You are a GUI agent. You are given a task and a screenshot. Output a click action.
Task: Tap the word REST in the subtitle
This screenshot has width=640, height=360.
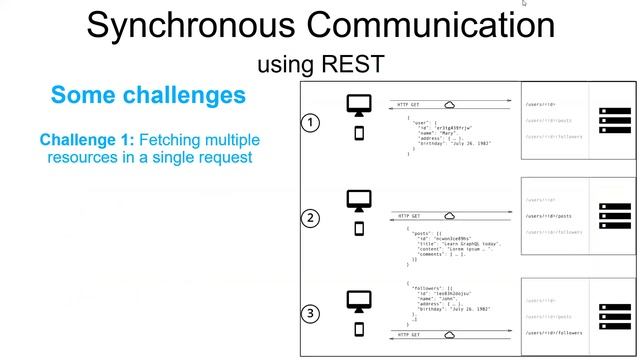[x=351, y=65]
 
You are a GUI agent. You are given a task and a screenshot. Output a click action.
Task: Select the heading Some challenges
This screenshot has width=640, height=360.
[x=148, y=96]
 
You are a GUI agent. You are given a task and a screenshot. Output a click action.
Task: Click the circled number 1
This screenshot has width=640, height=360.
[x=311, y=123]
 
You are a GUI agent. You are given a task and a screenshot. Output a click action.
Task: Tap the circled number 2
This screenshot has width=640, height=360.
[x=311, y=218]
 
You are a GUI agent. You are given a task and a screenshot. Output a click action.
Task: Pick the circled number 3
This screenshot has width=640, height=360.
[x=311, y=313]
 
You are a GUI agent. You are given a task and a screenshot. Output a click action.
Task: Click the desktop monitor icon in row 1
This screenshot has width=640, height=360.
[x=359, y=105]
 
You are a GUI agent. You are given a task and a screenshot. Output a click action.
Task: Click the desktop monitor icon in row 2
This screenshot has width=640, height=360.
[x=359, y=200]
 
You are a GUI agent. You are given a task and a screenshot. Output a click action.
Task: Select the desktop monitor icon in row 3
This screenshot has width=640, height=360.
[x=359, y=297]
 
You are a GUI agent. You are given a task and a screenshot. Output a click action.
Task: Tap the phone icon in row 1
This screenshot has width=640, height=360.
[x=359, y=133]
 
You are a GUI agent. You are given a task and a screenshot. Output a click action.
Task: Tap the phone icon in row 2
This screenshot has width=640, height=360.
[x=359, y=229]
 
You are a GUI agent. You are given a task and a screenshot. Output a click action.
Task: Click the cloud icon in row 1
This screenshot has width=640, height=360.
[x=450, y=104]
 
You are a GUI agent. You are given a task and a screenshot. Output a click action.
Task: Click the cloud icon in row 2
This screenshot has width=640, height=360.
[x=450, y=215]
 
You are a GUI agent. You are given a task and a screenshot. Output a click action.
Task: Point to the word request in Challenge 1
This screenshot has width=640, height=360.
[x=224, y=157]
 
